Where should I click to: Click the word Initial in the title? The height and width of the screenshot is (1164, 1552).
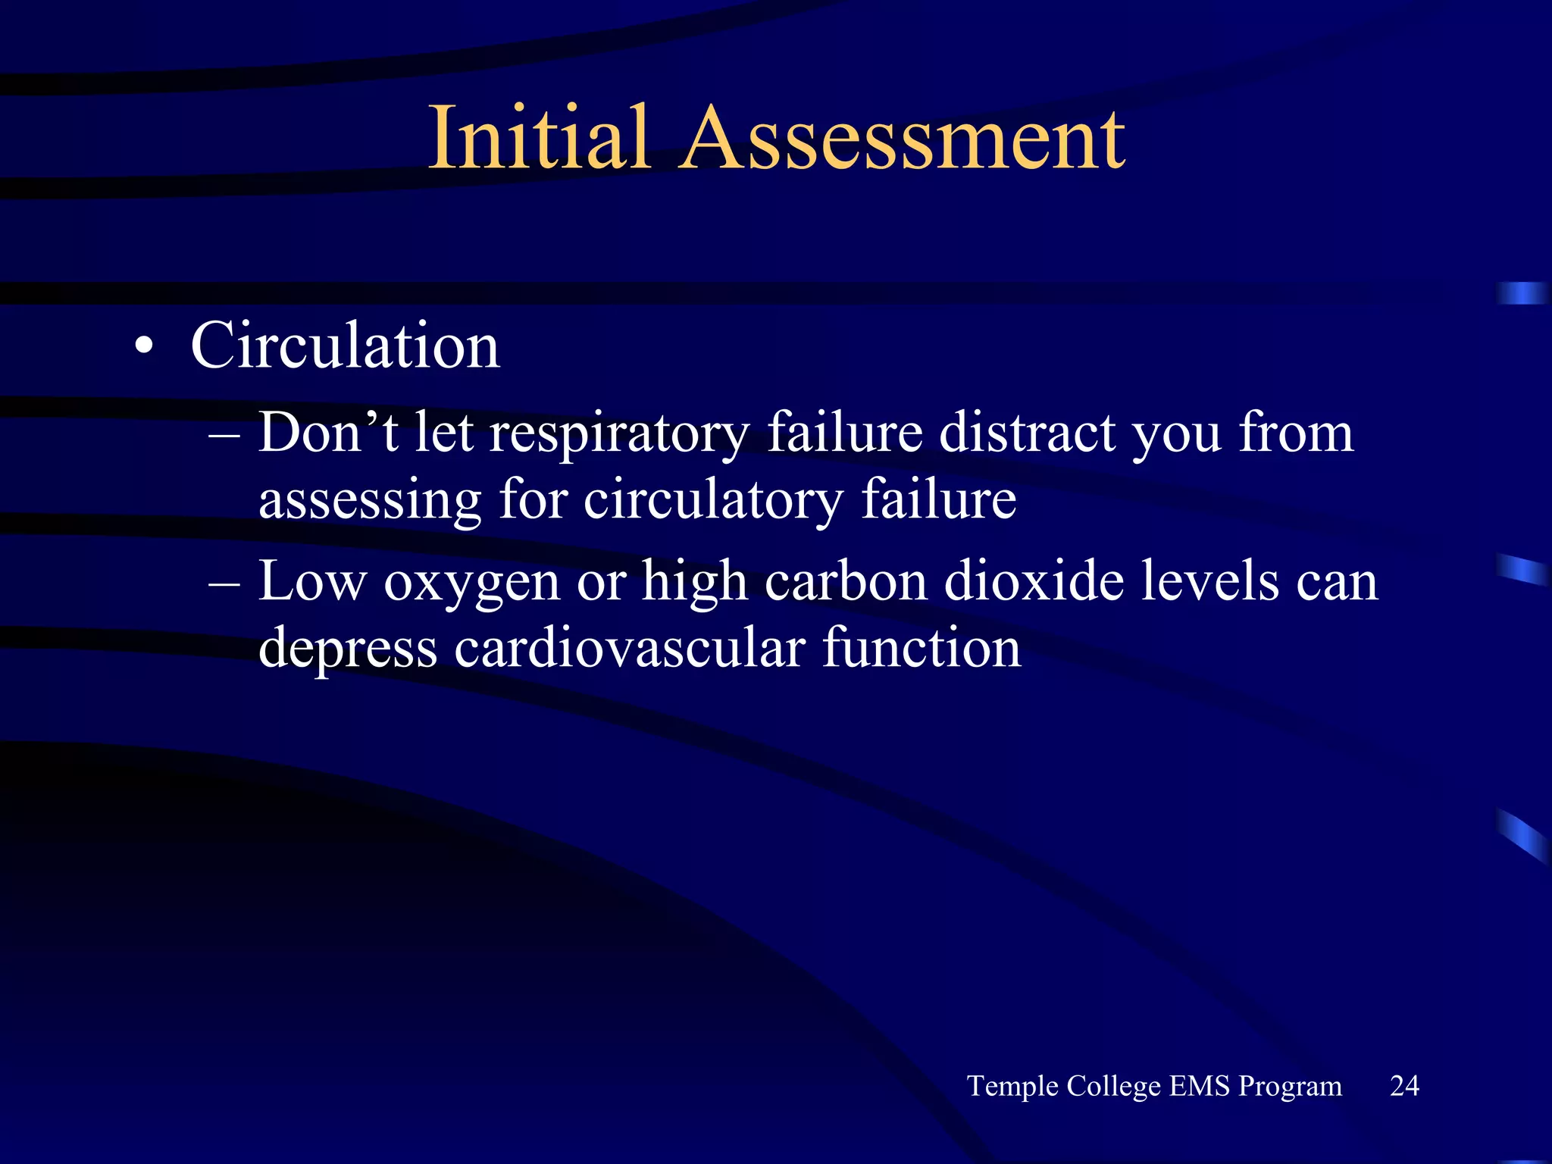pos(539,139)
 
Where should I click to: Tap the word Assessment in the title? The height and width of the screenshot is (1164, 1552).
pos(903,139)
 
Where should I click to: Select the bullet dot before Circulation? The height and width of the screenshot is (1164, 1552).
pos(143,348)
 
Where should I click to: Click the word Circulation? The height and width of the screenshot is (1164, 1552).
pos(345,346)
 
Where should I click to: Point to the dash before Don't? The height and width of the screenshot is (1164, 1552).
pos(224,434)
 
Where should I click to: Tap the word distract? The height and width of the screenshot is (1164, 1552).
pos(1027,433)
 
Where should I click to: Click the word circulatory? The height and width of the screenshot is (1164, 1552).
pos(713,500)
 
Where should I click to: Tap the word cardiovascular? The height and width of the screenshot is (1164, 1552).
pos(629,649)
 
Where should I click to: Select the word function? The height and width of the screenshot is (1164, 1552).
pos(921,649)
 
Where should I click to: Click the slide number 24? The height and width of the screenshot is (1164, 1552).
pos(1404,1086)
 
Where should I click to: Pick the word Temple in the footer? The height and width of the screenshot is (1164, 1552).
pos(1012,1087)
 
